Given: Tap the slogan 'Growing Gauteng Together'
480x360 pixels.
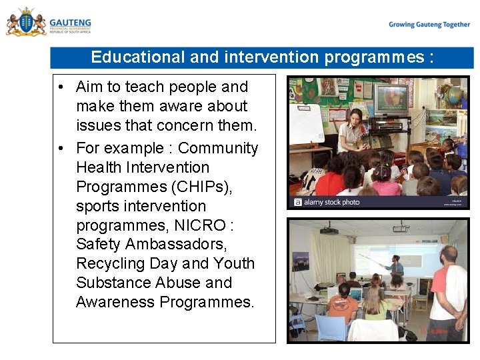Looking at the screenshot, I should tap(429, 25).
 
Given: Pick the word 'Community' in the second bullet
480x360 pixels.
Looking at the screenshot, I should tap(218, 148).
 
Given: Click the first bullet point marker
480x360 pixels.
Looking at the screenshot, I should tap(61, 87).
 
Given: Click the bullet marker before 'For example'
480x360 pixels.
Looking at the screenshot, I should tap(61, 149).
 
